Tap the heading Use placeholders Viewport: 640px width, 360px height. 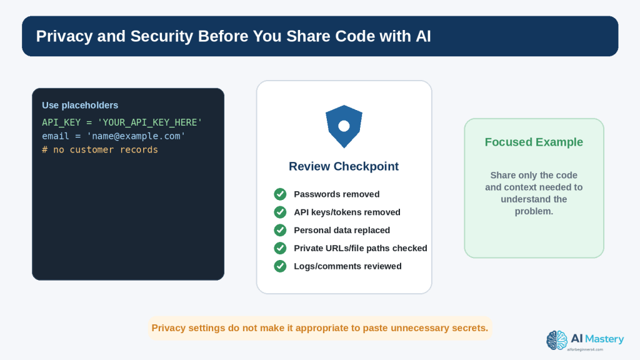coord(80,105)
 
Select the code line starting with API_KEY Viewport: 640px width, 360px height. coord(122,122)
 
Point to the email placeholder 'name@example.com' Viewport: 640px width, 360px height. coord(136,136)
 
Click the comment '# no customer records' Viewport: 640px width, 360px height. coord(100,150)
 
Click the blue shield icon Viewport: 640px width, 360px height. coord(344,126)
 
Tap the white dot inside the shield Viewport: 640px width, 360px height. coord(344,126)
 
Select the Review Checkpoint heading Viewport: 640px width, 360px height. coord(344,166)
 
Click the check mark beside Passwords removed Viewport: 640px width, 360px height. coord(280,194)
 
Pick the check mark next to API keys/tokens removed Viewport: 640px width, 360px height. coord(280,212)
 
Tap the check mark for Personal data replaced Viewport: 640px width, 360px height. coord(280,230)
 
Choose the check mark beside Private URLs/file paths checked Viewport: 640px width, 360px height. coord(280,248)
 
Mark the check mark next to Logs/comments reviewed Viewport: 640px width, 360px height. coord(280,266)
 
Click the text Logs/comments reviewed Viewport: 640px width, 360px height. coord(347,266)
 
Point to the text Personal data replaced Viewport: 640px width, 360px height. coord(342,230)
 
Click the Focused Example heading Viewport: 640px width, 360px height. coord(534,142)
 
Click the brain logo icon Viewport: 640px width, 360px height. coord(557,341)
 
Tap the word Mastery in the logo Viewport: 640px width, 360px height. coord(604,339)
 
